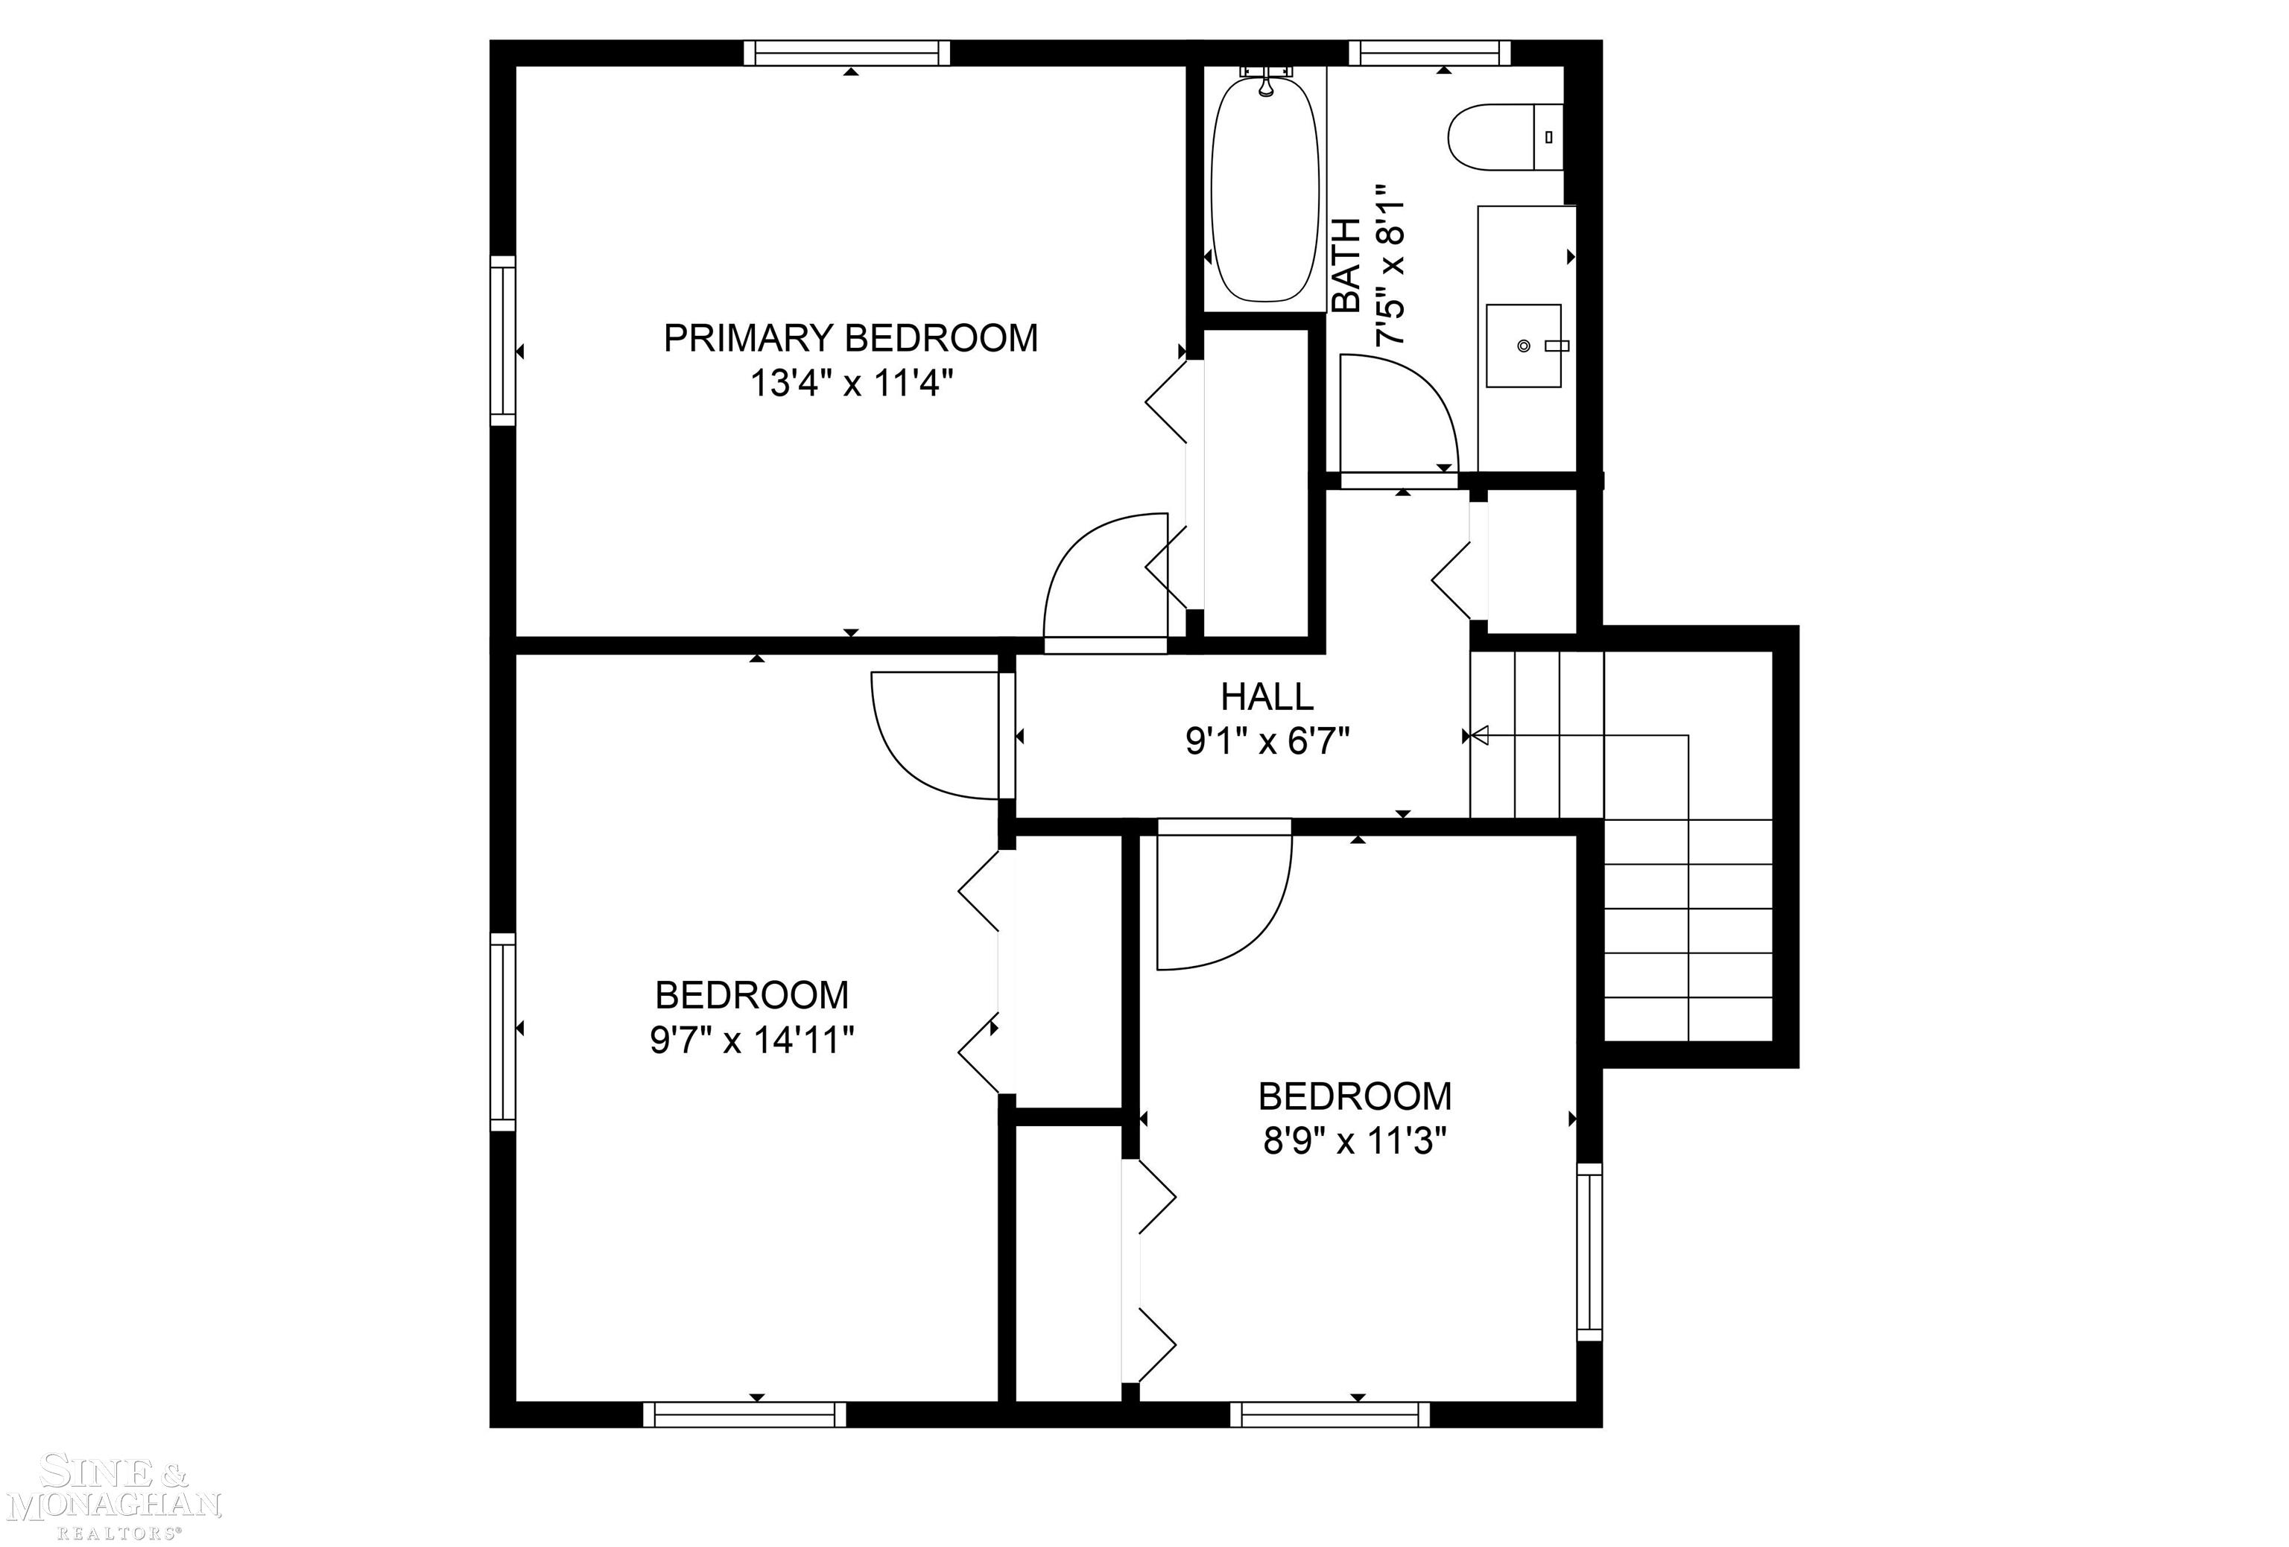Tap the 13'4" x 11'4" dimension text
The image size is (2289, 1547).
click(x=852, y=383)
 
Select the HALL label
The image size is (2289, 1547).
click(x=1267, y=697)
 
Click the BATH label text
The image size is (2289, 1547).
click(x=1346, y=266)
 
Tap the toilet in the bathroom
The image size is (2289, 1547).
click(x=1502, y=137)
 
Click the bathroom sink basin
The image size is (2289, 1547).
click(x=1524, y=346)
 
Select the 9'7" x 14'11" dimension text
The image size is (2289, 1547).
click(x=752, y=1040)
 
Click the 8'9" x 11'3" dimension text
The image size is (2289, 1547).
click(x=1355, y=1141)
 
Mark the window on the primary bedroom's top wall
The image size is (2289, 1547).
click(x=847, y=52)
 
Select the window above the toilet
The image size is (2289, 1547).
click(x=1428, y=52)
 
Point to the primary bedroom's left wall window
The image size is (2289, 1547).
click(x=502, y=340)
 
